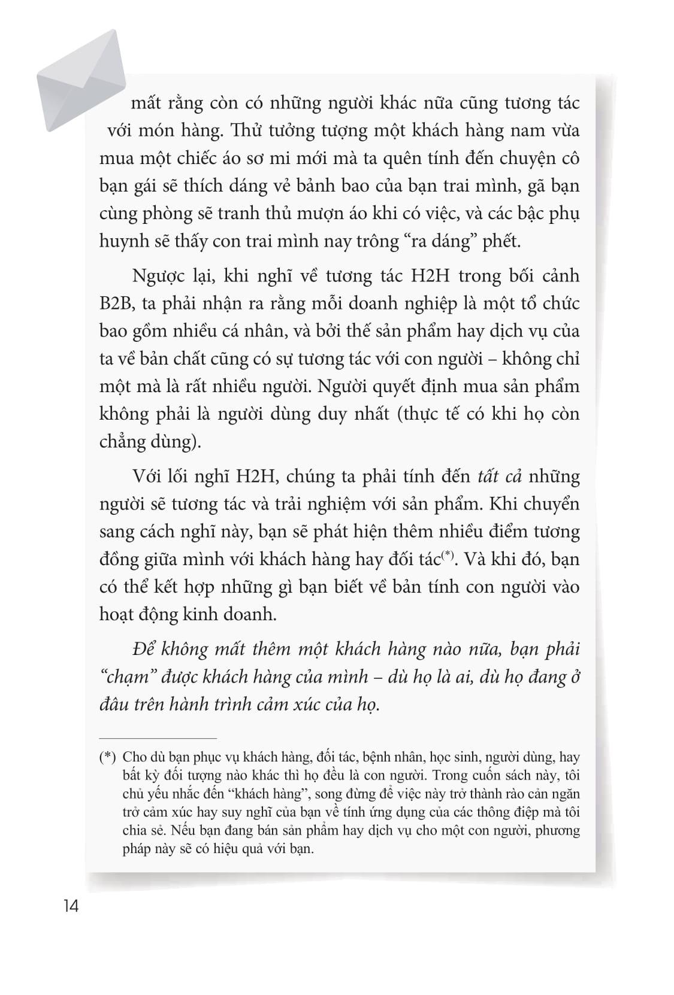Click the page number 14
(70, 906)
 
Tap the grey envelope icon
(81, 80)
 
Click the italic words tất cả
(500, 477)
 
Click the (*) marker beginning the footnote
(107, 757)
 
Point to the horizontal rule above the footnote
(158, 738)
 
